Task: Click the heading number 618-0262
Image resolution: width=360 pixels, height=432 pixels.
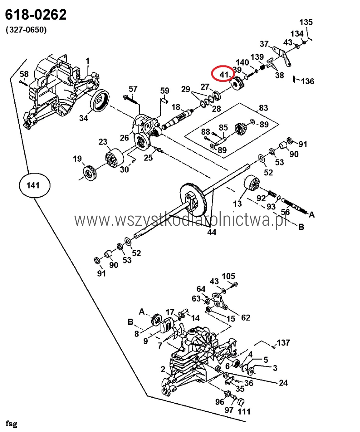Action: (x=36, y=15)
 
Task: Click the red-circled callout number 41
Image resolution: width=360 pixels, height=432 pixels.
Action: (x=224, y=75)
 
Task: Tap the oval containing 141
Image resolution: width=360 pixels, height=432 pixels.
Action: (x=35, y=185)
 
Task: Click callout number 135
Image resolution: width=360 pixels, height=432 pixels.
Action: (x=306, y=22)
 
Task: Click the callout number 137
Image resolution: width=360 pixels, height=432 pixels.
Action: (x=283, y=342)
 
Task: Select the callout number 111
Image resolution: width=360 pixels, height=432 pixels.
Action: (x=244, y=411)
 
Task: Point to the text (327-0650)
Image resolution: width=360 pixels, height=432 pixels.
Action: (x=26, y=30)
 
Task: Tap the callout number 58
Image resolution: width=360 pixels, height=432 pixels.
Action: (x=24, y=74)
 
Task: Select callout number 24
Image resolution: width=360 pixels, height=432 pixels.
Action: (x=283, y=383)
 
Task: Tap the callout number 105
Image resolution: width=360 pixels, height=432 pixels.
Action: (x=228, y=276)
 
